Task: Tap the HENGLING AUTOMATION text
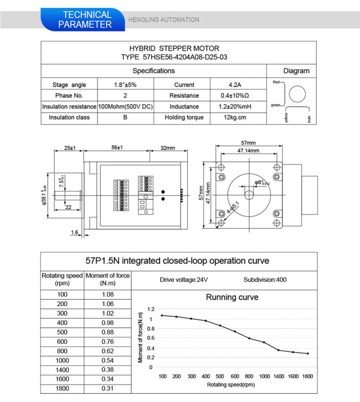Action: tap(163, 20)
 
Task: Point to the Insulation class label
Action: tap(69, 117)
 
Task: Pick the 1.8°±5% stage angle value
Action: tap(125, 85)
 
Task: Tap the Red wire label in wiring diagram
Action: tap(276, 82)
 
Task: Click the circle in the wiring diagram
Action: tap(297, 94)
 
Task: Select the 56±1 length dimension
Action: tap(117, 147)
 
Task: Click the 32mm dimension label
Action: tap(167, 147)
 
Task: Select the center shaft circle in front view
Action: tap(248, 195)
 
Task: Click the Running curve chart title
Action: tap(232, 297)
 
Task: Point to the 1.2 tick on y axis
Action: tap(150, 309)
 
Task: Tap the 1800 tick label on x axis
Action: tap(307, 376)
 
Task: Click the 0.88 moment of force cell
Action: tap(108, 332)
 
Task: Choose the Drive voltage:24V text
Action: tap(184, 280)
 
